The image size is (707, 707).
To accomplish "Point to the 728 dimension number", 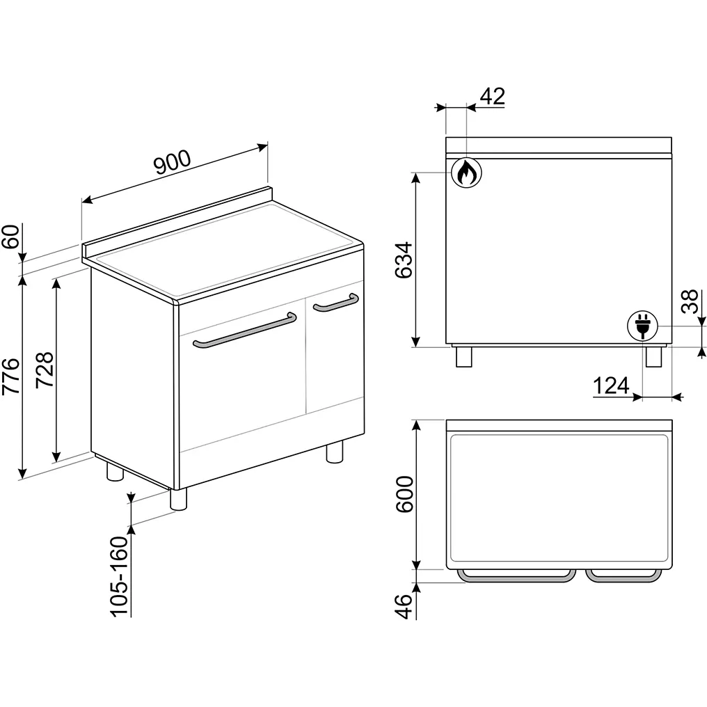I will (x=45, y=366).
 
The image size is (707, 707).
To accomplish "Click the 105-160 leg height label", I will (x=120, y=576).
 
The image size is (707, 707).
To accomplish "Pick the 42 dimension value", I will (x=492, y=96).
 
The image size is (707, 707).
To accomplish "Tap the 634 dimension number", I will (x=404, y=260).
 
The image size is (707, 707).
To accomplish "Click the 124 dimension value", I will (x=612, y=385).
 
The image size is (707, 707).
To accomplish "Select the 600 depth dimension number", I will (x=404, y=495).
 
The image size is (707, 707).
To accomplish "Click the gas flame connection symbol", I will (x=466, y=172).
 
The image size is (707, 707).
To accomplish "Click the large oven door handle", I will (x=241, y=332).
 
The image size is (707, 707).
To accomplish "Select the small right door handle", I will (x=335, y=303).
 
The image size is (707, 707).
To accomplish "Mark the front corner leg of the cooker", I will (x=178, y=498).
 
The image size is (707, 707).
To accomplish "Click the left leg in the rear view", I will (x=463, y=356).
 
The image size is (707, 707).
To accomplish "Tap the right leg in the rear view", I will (x=653, y=356).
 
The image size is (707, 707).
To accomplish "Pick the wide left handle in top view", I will (x=516, y=575).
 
